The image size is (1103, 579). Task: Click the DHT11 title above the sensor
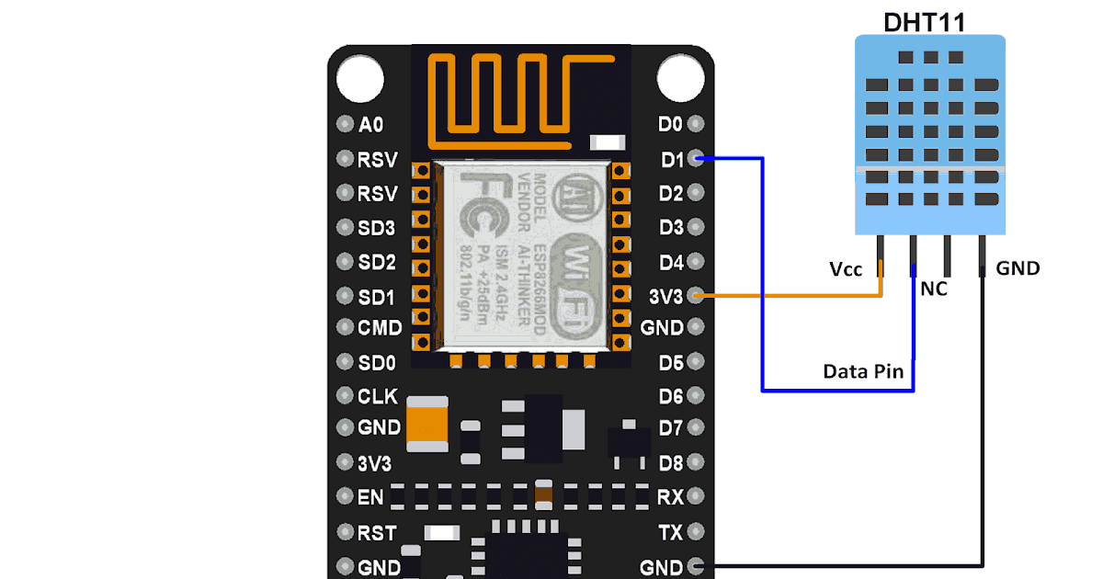(x=925, y=22)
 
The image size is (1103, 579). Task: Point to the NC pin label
(x=934, y=289)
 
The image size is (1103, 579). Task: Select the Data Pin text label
(x=863, y=371)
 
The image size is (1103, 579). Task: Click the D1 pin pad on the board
(x=696, y=158)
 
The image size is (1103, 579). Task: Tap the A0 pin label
(x=372, y=124)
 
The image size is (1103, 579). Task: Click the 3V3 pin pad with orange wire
(x=696, y=295)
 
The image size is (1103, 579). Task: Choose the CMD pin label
(x=380, y=327)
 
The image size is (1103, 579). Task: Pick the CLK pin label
(x=378, y=396)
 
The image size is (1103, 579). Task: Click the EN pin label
(x=370, y=497)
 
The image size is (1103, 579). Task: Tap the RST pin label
(x=377, y=533)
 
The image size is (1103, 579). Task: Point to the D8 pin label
(x=671, y=463)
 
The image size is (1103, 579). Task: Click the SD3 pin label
(x=377, y=228)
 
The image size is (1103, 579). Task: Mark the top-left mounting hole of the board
(x=359, y=78)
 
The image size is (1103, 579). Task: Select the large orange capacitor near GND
(x=427, y=424)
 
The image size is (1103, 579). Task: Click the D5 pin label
(x=671, y=362)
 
